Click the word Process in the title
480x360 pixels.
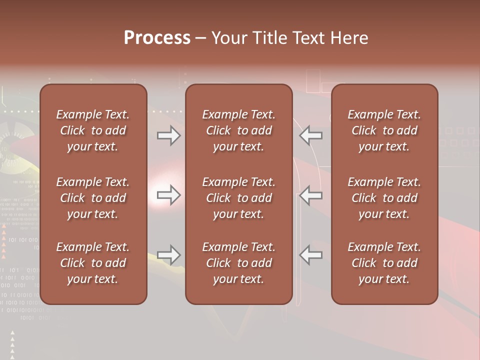[x=157, y=38]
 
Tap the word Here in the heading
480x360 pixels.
[x=349, y=38]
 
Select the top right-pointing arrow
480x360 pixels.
[x=168, y=135]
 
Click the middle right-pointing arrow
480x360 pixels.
[x=168, y=195]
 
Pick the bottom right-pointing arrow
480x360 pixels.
[x=168, y=255]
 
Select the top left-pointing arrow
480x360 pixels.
[x=311, y=135]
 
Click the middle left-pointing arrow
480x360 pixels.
[x=311, y=195]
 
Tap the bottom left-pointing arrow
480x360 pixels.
[x=311, y=255]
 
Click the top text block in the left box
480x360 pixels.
[x=93, y=130]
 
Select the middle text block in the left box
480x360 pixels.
[x=93, y=198]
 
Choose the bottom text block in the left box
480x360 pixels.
[x=93, y=263]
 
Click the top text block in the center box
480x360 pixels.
[x=239, y=130]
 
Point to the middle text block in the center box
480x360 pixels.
[x=239, y=198]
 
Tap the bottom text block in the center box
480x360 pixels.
[x=239, y=263]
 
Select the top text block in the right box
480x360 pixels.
[x=384, y=130]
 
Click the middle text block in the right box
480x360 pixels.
[x=384, y=198]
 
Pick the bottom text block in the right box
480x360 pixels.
[x=384, y=263]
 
